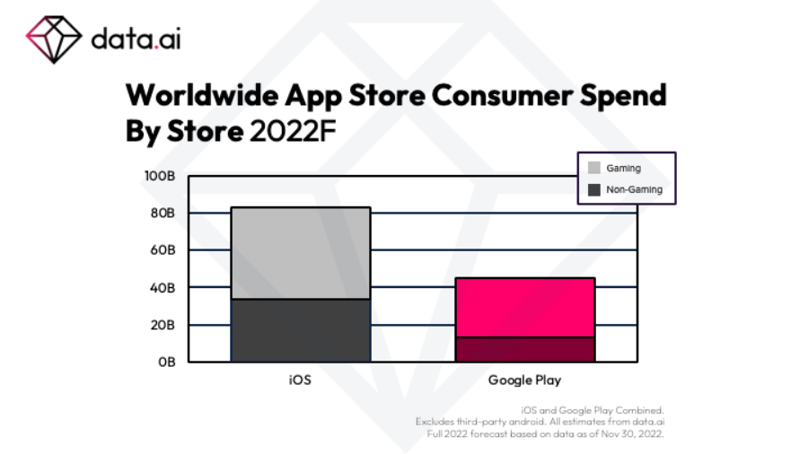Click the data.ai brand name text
click(x=136, y=39)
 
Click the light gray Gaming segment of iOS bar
click(x=301, y=253)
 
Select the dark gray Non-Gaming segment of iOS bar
click(x=301, y=330)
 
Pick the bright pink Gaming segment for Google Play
click(x=525, y=307)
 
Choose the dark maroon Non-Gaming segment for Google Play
click(x=525, y=349)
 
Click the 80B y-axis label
click(x=162, y=213)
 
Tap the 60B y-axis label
click(x=162, y=250)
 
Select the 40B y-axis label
click(x=162, y=288)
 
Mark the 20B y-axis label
click(x=162, y=325)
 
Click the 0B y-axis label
click(x=165, y=362)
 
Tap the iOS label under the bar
click(x=300, y=380)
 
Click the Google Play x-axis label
click(x=524, y=380)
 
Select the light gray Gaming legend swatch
click(x=594, y=168)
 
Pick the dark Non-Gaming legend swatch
click(x=594, y=189)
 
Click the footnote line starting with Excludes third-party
click(x=540, y=421)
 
